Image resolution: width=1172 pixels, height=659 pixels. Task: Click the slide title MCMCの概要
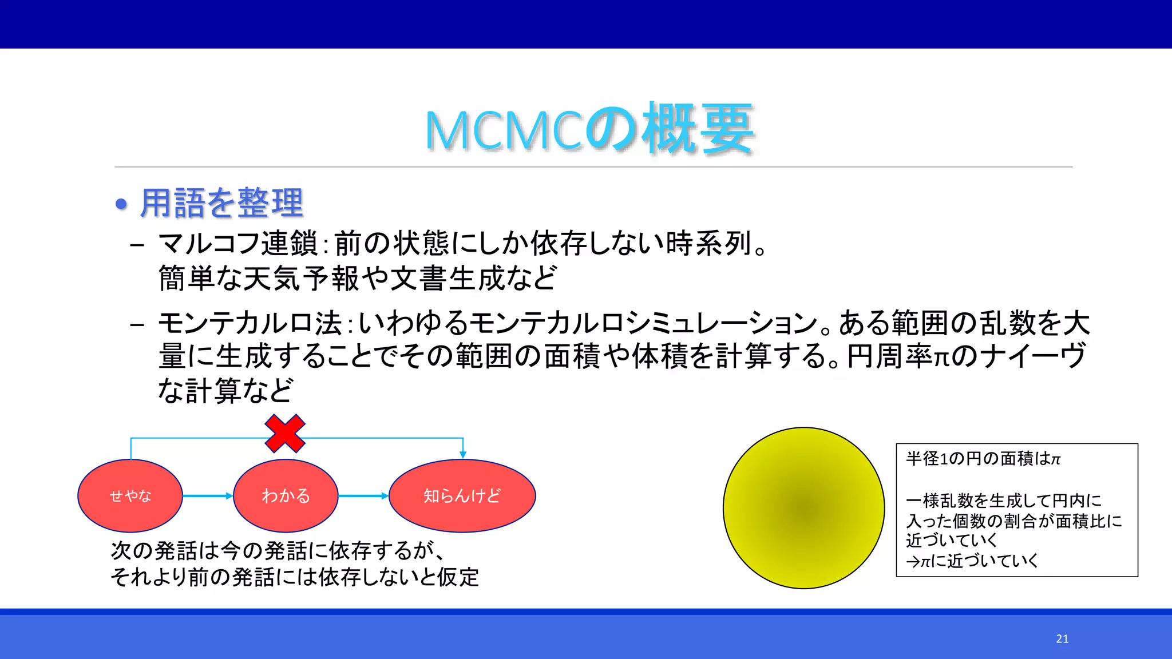point(589,129)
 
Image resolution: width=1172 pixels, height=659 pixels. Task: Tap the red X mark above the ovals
point(285,434)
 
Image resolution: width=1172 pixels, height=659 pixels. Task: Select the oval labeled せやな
point(130,495)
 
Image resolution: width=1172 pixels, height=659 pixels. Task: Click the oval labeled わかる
point(286,495)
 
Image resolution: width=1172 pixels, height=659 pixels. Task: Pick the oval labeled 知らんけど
point(462,495)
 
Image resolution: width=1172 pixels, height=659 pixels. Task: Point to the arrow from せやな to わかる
point(207,496)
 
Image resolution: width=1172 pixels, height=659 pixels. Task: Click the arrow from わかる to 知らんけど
point(363,496)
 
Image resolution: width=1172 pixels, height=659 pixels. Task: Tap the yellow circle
point(803,508)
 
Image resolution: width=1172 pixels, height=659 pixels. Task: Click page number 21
point(1062,639)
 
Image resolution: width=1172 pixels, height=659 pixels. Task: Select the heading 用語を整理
point(221,203)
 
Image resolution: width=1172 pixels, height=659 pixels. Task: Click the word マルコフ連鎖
point(237,244)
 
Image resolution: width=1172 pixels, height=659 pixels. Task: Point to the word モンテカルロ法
point(250,323)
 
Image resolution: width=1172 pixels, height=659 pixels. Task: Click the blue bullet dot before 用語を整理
point(121,204)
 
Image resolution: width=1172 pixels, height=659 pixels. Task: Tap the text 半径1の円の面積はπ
point(983,459)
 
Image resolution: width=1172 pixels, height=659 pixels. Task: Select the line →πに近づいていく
point(972,561)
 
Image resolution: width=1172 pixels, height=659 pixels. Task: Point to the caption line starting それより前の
point(295,577)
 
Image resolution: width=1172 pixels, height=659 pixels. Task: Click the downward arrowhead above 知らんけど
point(463,454)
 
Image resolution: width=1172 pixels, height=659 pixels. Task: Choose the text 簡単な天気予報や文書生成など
point(357,279)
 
